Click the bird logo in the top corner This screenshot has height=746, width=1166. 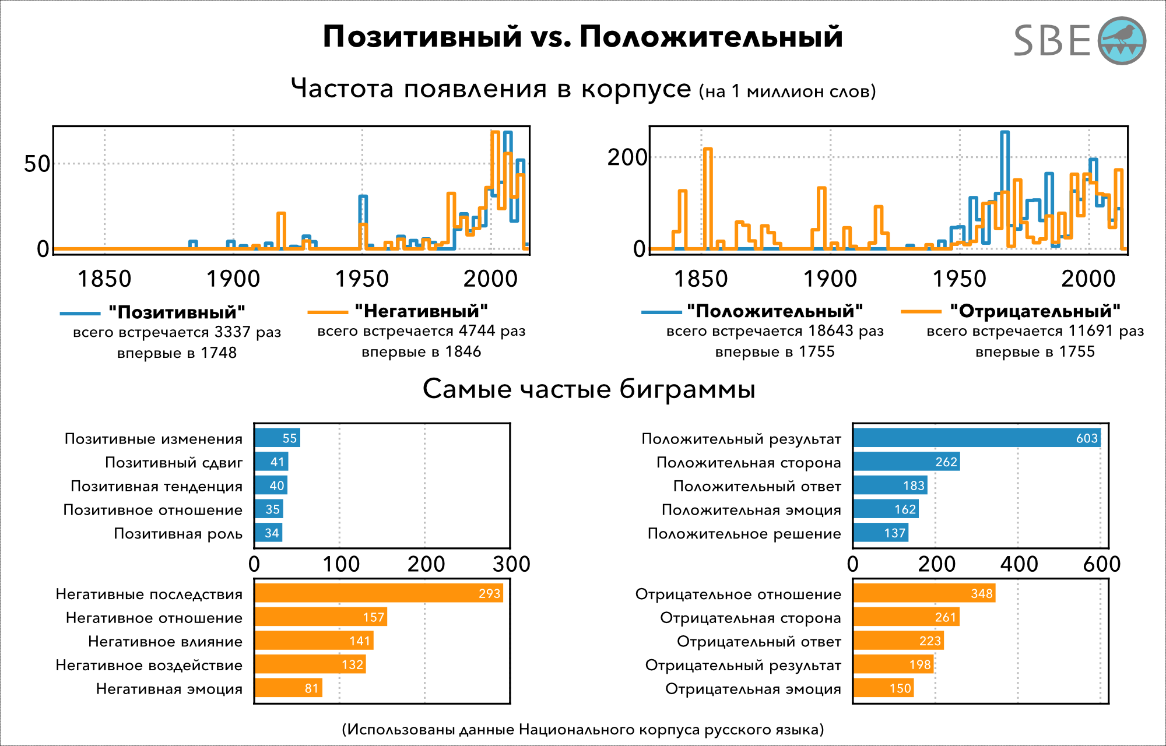[1122, 41]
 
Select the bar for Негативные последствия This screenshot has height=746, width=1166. [378, 593]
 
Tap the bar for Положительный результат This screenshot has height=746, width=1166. [977, 438]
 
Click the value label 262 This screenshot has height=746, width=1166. [946, 462]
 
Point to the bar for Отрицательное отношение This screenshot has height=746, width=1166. [924, 593]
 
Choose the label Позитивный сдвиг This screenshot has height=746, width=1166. [174, 463]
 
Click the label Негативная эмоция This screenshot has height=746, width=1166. [169, 689]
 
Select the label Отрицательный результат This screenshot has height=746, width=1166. [743, 665]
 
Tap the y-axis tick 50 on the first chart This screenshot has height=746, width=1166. [37, 164]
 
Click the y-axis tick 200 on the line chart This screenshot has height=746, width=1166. [627, 157]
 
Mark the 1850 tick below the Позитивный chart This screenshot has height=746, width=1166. [104, 279]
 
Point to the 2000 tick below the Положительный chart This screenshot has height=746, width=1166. [1088, 279]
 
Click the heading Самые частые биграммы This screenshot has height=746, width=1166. [589, 389]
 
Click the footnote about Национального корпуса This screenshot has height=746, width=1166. [582, 730]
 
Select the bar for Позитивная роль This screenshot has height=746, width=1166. [269, 533]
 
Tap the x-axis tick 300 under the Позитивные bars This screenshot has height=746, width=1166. [511, 564]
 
